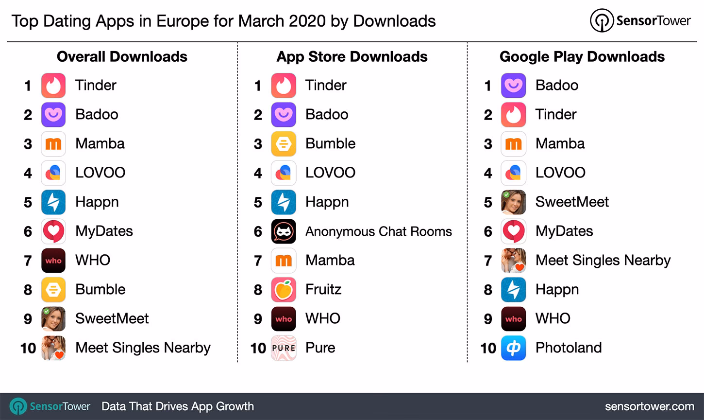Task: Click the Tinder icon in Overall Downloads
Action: (53, 86)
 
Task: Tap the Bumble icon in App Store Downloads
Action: (284, 144)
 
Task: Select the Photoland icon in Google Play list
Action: (513, 348)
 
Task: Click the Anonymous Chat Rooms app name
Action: (378, 231)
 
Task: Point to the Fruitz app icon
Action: (284, 290)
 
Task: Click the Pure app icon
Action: (284, 348)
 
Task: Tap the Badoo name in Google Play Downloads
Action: (556, 86)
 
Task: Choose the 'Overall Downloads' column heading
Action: (122, 57)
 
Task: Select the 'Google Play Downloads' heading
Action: (582, 57)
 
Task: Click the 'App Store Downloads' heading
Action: (352, 57)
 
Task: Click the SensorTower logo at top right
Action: (640, 21)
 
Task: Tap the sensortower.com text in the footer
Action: (649, 406)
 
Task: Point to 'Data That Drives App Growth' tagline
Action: (177, 406)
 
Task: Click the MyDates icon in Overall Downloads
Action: (53, 231)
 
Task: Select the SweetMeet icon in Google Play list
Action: (513, 202)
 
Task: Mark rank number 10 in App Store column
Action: (258, 348)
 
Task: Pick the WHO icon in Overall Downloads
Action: (53, 261)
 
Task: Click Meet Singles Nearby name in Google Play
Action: (603, 261)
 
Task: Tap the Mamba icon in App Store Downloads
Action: (284, 261)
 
